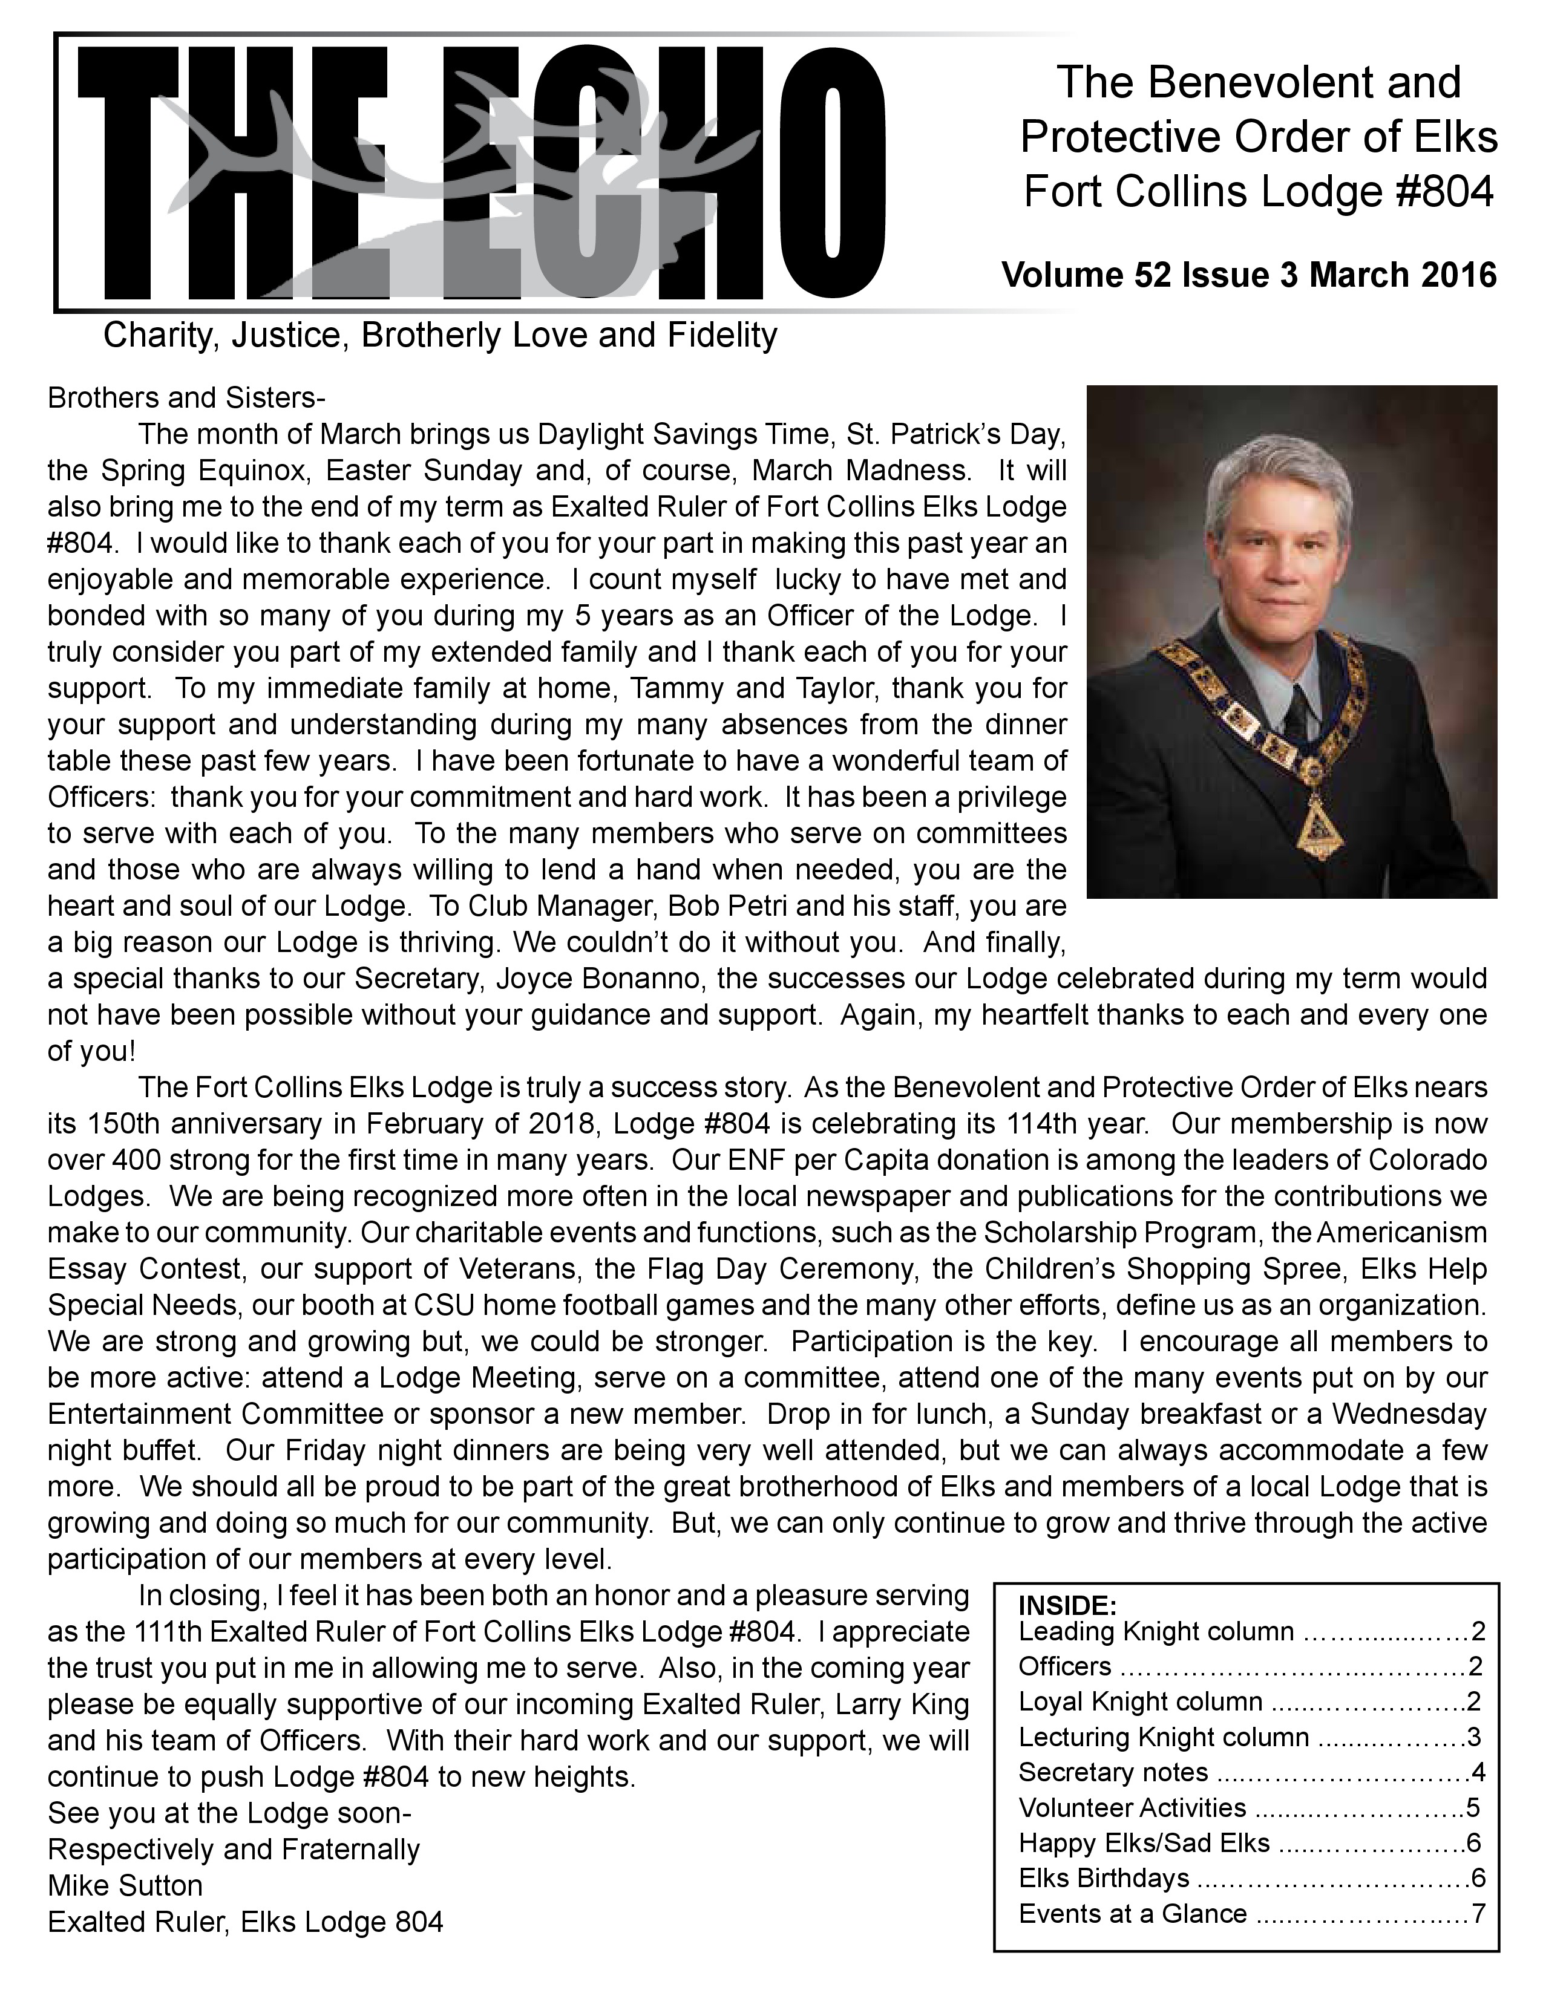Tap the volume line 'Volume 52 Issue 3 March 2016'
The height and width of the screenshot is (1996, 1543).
click(x=1249, y=275)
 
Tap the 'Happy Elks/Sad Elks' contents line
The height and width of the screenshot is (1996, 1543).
click(x=1144, y=1842)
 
